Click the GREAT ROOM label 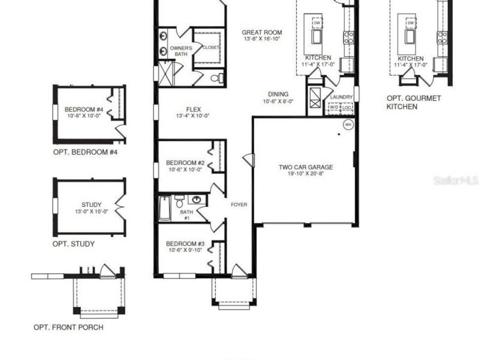(261, 33)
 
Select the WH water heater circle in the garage (348, 124)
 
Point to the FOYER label (238, 205)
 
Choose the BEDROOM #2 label (185, 163)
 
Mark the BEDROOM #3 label (185, 244)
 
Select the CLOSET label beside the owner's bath (211, 47)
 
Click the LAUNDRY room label (341, 97)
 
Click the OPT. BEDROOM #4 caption (85, 152)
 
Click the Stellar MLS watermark (456, 181)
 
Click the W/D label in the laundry (334, 107)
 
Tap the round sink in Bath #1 (197, 200)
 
